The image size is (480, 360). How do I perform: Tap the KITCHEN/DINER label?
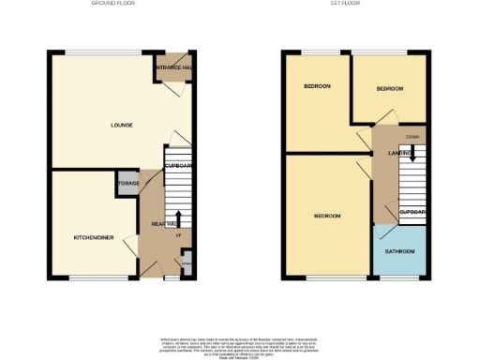point(94,238)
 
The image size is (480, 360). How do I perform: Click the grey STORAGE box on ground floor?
point(127,185)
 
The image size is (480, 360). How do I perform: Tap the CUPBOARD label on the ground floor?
point(178,166)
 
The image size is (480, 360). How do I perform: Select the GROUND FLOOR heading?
point(113,4)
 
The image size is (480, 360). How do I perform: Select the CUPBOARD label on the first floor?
point(412,213)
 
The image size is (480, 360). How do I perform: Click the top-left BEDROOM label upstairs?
point(317,86)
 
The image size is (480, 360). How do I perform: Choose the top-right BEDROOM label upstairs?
point(389,89)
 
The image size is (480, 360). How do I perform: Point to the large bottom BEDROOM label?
point(326,217)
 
